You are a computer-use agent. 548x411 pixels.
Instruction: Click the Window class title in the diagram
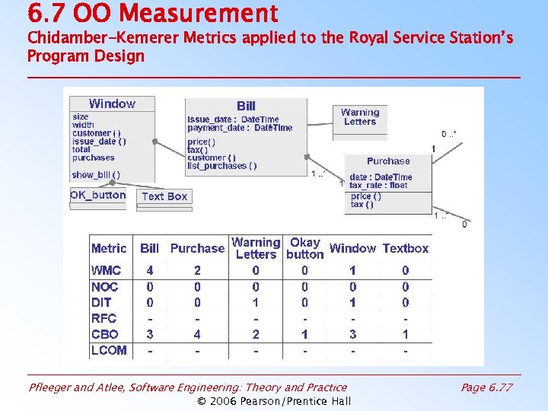point(112,104)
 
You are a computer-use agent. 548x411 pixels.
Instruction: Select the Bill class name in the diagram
point(246,106)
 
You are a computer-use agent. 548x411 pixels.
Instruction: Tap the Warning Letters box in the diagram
point(360,116)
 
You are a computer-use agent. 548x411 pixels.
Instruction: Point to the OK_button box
point(98,195)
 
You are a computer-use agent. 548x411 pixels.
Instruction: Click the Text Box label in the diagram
point(164,196)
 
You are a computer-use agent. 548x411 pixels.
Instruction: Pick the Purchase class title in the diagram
point(388,161)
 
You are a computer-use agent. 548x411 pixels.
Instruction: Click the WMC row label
point(106,270)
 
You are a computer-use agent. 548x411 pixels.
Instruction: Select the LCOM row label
point(109,350)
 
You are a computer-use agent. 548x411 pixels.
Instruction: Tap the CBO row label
point(105,334)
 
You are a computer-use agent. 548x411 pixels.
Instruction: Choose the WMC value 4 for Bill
point(150,270)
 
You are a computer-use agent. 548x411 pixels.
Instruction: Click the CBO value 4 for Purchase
point(197,334)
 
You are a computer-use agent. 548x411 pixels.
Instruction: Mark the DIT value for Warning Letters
point(256,303)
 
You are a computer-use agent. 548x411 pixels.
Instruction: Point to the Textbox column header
point(406,248)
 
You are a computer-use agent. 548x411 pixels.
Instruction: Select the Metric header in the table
point(109,248)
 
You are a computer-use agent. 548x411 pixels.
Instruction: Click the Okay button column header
point(305,248)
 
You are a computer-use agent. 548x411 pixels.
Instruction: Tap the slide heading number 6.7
point(44,13)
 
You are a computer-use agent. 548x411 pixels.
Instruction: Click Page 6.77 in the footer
point(486,387)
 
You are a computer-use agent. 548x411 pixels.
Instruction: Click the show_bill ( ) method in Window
point(96,174)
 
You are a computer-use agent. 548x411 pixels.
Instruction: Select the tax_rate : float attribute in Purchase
point(378,185)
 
